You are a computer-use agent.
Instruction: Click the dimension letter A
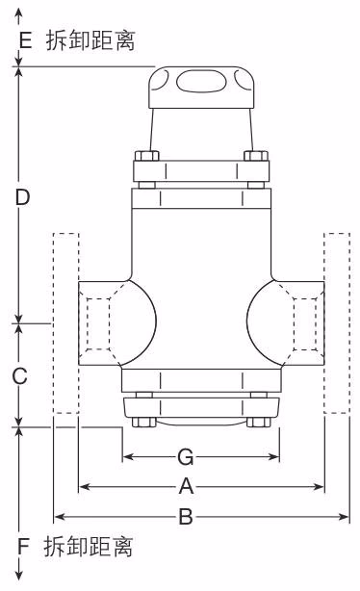(186, 486)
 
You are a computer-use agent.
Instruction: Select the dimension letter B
(186, 516)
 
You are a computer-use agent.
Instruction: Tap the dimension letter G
(186, 457)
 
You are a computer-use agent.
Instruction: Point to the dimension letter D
(22, 197)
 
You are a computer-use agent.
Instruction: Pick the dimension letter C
(20, 375)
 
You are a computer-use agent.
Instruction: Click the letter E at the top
(25, 40)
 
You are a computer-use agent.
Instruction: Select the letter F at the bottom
(23, 547)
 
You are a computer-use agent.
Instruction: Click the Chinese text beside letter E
(90, 40)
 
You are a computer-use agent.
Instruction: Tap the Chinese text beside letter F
(89, 547)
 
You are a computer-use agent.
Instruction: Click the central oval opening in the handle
(201, 81)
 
